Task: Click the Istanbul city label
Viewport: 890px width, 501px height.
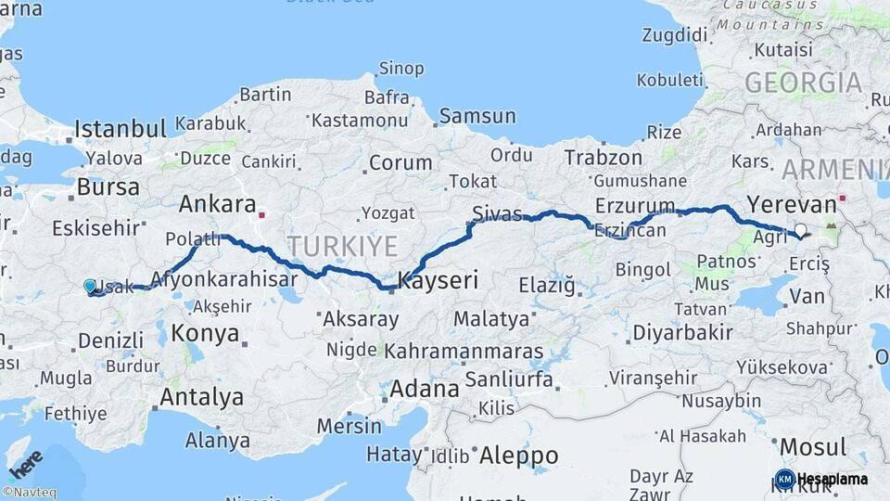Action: [120, 128]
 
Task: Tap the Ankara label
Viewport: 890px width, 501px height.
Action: [217, 204]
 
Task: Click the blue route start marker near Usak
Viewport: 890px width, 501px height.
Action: [89, 287]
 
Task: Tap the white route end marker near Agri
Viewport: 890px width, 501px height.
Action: [800, 231]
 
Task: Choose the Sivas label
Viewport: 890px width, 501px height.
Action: [497, 212]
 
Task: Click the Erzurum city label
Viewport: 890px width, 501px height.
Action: [635, 205]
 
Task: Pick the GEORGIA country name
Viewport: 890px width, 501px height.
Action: [803, 83]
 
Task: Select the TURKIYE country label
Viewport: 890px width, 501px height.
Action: [342, 247]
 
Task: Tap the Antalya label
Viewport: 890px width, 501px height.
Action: [201, 398]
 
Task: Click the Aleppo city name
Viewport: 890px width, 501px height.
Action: [518, 456]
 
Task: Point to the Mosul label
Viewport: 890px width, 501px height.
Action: [813, 447]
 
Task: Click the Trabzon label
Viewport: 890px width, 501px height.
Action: [603, 158]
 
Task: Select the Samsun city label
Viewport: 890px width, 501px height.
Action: [477, 117]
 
